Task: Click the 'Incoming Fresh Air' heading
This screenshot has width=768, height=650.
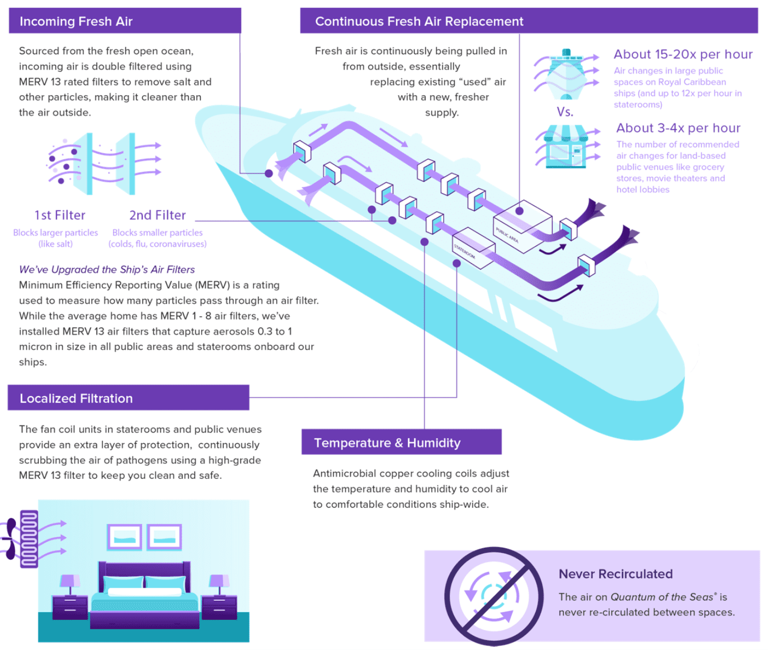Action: tap(76, 21)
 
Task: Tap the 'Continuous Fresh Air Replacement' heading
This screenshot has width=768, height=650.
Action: tap(419, 21)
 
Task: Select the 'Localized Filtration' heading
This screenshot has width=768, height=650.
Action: tap(76, 398)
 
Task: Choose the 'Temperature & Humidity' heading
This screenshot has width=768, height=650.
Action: tap(387, 443)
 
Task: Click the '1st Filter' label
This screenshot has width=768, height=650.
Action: tap(60, 215)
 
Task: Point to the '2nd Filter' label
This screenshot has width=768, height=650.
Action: tap(158, 215)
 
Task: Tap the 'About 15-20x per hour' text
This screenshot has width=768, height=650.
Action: tap(683, 54)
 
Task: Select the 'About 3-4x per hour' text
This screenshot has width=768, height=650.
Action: tap(678, 128)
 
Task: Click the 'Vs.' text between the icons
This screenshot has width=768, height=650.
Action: tap(565, 112)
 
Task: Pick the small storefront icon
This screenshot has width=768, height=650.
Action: tap(566, 147)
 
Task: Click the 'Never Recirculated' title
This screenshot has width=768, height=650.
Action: tap(616, 574)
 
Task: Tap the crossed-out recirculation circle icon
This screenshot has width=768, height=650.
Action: tap(494, 596)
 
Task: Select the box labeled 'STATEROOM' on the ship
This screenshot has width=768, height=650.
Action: tap(474, 248)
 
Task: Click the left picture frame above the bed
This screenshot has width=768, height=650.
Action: tap(125, 537)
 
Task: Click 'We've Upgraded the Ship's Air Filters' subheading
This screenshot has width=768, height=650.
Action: tap(107, 269)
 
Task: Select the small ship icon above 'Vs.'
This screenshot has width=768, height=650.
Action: tap(566, 74)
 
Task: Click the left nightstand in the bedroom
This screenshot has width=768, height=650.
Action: tap(70, 607)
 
